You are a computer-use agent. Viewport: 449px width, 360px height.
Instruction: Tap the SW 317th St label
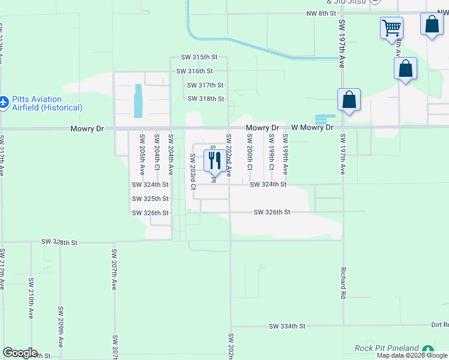click(x=205, y=85)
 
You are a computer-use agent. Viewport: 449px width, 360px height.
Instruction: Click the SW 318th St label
click(x=206, y=98)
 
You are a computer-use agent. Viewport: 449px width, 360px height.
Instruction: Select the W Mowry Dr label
click(x=312, y=128)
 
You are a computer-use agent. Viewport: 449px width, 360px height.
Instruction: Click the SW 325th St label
click(x=150, y=199)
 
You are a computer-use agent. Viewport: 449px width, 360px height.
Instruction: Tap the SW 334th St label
click(x=287, y=326)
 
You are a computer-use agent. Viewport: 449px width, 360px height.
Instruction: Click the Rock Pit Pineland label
click(x=386, y=349)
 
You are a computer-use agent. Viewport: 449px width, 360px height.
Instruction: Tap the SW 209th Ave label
click(x=61, y=327)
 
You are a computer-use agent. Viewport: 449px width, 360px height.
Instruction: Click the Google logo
click(x=20, y=353)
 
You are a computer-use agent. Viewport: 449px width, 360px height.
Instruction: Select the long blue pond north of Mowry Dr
click(x=139, y=100)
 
